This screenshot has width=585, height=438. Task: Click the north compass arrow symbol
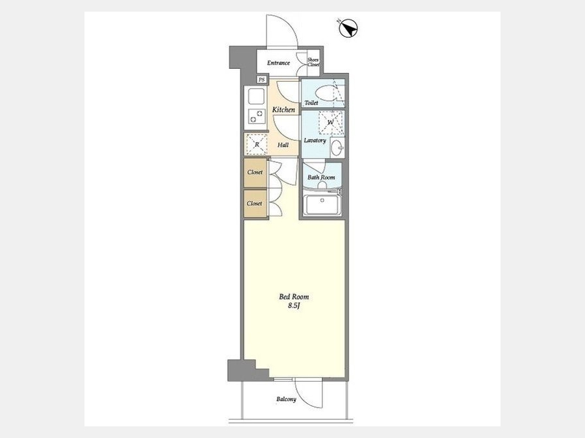(348, 28)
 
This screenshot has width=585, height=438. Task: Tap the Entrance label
(278, 63)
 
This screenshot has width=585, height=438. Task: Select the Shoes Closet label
(313, 62)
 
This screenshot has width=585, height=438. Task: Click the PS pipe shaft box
(262, 79)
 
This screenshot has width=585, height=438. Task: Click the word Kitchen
(283, 110)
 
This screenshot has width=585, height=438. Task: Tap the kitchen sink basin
(256, 97)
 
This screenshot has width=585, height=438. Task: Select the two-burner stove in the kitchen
(256, 116)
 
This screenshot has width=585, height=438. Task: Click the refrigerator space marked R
(256, 144)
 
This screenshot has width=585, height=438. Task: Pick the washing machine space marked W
(330, 123)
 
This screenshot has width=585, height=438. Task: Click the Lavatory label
(315, 140)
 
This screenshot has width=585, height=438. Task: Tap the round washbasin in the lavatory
(338, 148)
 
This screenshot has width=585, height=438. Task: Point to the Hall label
(283, 145)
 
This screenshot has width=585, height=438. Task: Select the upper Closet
(255, 173)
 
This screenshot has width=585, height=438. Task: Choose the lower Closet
(255, 204)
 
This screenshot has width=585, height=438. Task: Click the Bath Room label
(321, 177)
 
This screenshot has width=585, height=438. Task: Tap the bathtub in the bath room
(321, 204)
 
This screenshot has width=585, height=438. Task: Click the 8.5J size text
(294, 306)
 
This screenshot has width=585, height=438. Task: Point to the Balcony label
(287, 399)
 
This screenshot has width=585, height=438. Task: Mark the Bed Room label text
(294, 297)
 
